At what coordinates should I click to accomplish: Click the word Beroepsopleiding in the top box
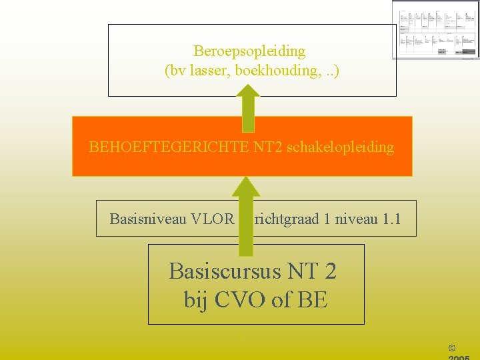point(249,51)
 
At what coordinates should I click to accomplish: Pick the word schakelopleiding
point(340,147)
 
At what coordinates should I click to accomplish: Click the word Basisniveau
point(147,218)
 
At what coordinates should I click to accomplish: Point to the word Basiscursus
point(220,271)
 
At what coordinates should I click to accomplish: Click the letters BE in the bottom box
point(313,300)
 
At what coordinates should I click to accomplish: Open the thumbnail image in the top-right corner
point(435,30)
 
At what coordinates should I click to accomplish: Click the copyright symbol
point(453,347)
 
